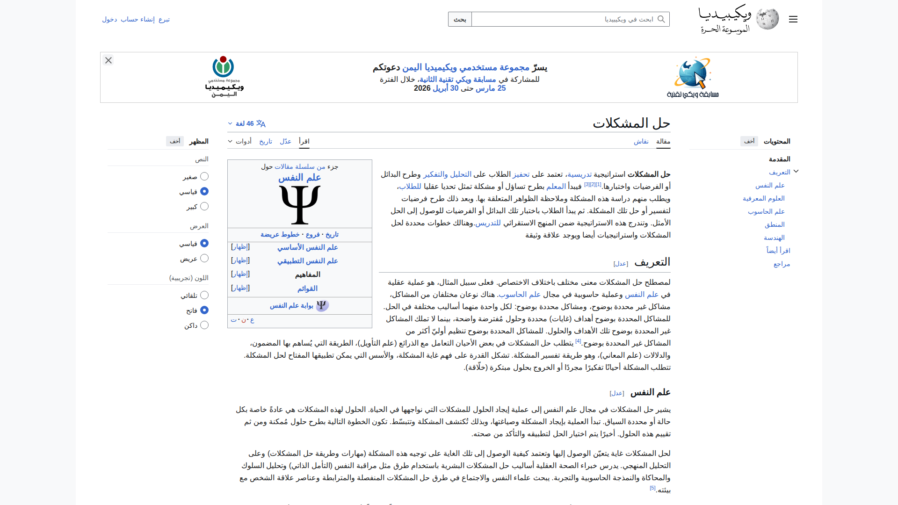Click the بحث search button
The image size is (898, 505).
[460, 19]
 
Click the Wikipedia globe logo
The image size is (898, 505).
[768, 19]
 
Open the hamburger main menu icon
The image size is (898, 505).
[793, 19]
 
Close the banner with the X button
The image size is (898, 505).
[109, 60]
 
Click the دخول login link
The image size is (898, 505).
[109, 19]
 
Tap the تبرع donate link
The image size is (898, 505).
[164, 19]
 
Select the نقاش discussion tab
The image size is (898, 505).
[641, 141]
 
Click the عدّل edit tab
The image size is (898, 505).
[285, 141]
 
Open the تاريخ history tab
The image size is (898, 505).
[266, 141]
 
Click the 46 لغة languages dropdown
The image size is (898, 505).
[246, 123]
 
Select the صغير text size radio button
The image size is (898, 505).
[204, 176]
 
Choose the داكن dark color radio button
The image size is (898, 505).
[204, 325]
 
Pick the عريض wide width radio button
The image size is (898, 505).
[204, 258]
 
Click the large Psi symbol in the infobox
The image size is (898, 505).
[300, 204]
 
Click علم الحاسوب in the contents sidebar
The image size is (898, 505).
[766, 211]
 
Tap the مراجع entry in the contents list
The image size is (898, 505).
[782, 264]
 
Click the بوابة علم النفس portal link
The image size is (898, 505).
[291, 305]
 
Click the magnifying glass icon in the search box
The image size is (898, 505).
[661, 19]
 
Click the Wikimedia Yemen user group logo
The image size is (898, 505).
[224, 77]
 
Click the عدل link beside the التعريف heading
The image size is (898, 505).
[621, 264]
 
